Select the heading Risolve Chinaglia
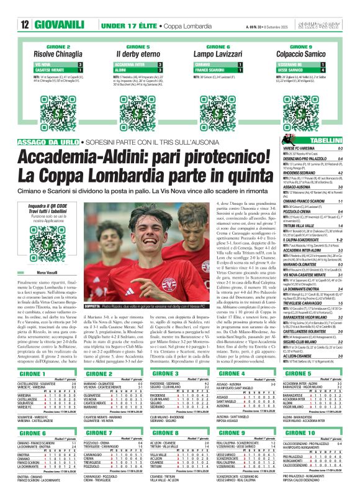(x=55, y=55)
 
